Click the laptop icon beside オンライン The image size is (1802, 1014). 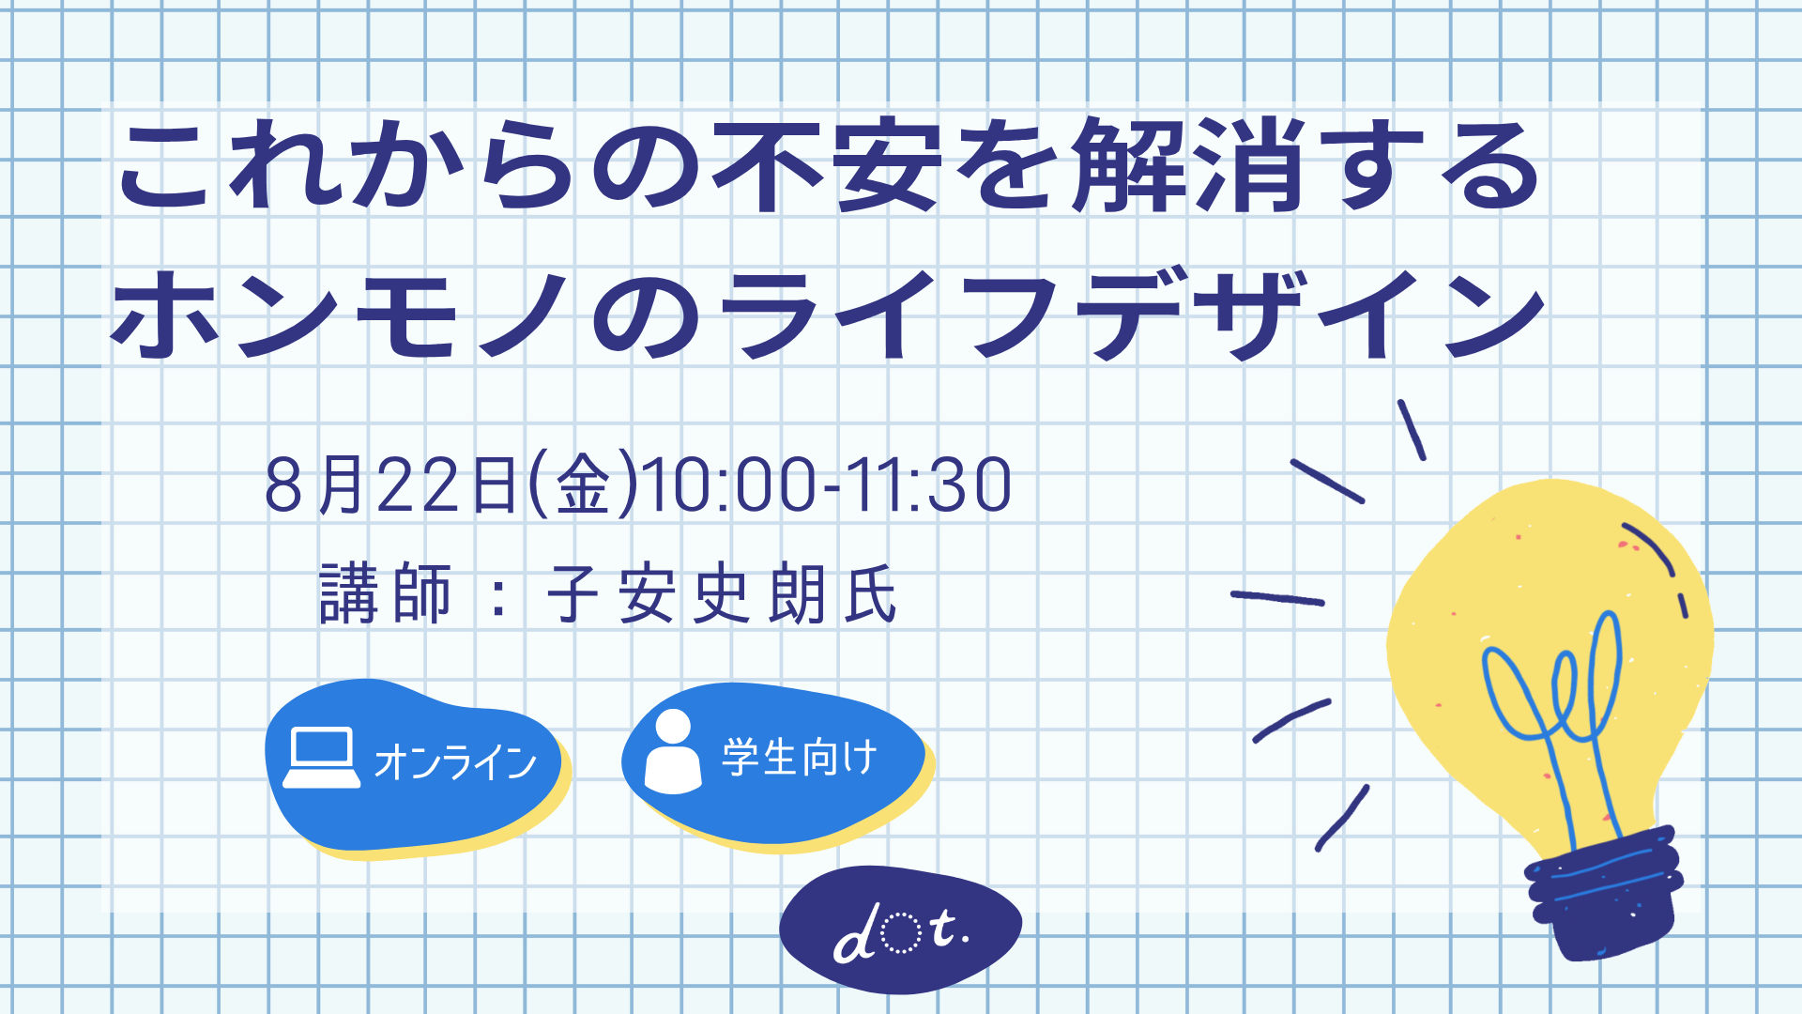pyautogui.click(x=321, y=757)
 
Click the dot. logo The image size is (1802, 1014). pyautogui.click(x=901, y=929)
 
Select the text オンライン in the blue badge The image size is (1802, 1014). pyautogui.click(x=455, y=761)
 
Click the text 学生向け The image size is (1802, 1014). pyautogui.click(x=800, y=757)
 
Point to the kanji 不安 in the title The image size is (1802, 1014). pyautogui.click(x=827, y=165)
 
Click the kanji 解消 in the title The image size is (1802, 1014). pyautogui.click(x=1190, y=165)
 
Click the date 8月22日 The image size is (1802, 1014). pyautogui.click(x=392, y=484)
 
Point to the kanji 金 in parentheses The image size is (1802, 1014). pyautogui.click(x=583, y=484)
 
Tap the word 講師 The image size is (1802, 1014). pyautogui.click(x=386, y=593)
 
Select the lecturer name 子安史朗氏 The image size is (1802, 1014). pyautogui.click(x=722, y=593)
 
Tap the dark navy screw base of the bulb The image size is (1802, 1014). pyautogui.click(x=1603, y=892)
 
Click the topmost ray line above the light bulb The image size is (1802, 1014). pyautogui.click(x=1412, y=430)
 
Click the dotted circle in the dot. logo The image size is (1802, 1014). pyautogui.click(x=901, y=932)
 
